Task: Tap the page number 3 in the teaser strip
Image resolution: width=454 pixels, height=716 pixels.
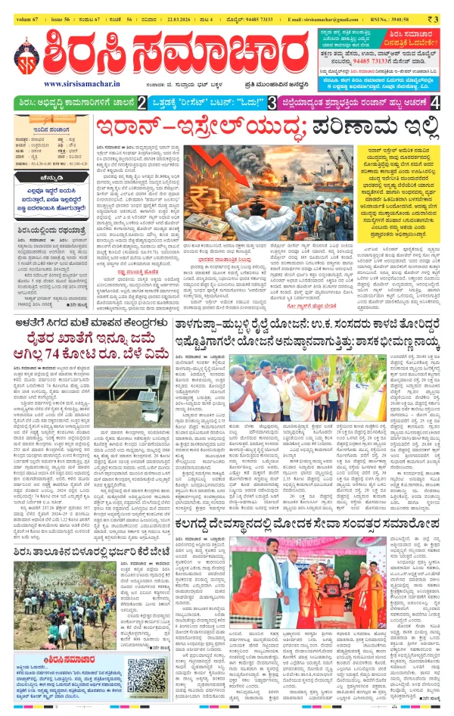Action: click(272, 101)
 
